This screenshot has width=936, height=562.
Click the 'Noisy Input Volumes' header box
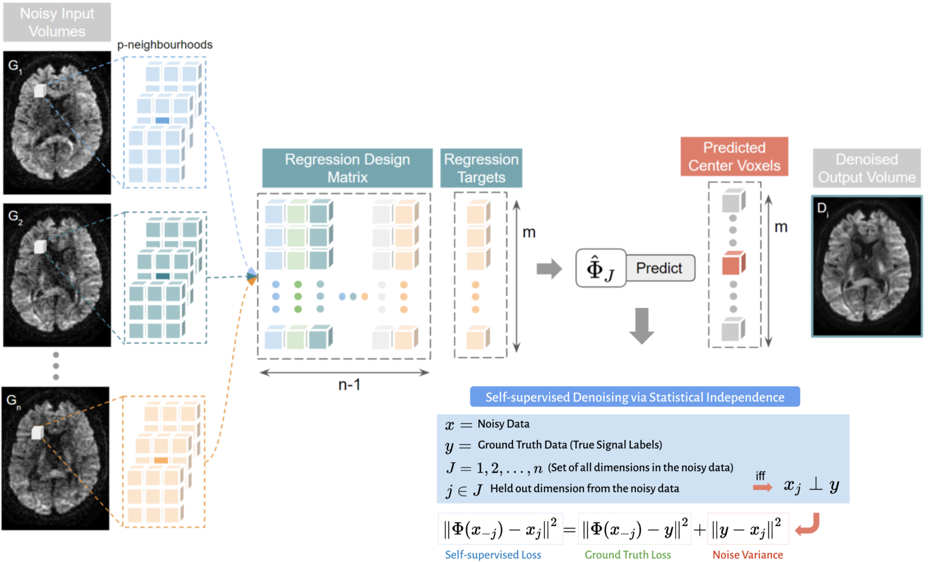click(57, 22)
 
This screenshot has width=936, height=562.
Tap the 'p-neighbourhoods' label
click(165, 45)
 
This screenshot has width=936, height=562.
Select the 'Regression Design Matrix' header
click(347, 168)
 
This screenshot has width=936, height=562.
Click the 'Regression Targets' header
click(481, 168)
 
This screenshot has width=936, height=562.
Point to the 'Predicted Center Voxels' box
click(734, 157)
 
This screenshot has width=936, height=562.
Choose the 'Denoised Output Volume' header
click(866, 168)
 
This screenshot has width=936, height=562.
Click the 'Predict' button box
click(660, 268)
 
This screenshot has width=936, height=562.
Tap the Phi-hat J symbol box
click(600, 268)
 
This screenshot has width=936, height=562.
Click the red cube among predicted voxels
click(733, 263)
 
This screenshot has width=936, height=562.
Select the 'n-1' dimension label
click(349, 385)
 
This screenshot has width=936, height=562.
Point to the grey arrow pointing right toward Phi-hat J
click(549, 269)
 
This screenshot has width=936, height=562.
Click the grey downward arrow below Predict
click(641, 325)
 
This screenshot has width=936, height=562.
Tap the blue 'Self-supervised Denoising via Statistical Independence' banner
click(634, 397)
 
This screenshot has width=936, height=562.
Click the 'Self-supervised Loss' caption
click(493, 555)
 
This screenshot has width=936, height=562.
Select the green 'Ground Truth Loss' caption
click(627, 555)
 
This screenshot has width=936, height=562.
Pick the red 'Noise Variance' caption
click(747, 555)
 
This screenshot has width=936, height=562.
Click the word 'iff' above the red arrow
click(760, 475)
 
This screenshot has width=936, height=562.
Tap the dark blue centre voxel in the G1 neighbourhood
click(162, 120)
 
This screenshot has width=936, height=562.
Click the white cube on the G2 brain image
click(40, 247)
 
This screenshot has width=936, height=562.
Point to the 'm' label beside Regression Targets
click(529, 232)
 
